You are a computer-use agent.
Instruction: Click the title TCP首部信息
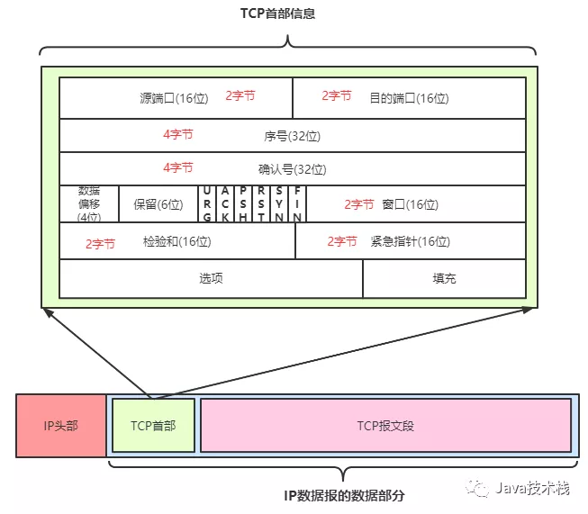pos(277,14)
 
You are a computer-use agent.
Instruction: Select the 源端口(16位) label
pos(174,98)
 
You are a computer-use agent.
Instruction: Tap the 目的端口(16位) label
pos(409,98)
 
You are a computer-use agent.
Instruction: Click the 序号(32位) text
pos(292,136)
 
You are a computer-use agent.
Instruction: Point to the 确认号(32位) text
pos(292,169)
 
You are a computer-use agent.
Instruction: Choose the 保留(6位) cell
pos(158,204)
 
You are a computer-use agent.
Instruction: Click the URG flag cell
pos(207,204)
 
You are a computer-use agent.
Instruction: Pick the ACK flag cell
pos(225,204)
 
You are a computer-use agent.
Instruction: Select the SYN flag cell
pos(279,204)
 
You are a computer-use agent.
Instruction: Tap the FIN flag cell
pos(297,204)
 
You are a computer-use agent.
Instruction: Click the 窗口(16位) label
pos(411,204)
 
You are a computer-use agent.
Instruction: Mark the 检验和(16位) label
pos(177,241)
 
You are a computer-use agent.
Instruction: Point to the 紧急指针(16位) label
pos(411,241)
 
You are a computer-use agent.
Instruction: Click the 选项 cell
pos(211,278)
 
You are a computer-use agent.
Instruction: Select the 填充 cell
pos(444,278)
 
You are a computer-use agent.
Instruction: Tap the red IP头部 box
pos(61,426)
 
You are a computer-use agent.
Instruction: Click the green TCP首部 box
pos(153,426)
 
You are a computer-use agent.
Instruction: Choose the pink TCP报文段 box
pos(386,426)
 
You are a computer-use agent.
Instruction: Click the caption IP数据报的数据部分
pos(344,496)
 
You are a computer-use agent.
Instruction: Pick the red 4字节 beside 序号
pos(178,134)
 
